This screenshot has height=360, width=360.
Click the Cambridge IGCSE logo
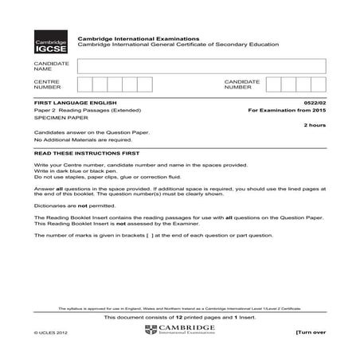(x=50, y=45)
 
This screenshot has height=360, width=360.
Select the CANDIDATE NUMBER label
(x=242, y=84)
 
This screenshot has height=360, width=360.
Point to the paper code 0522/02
(x=314, y=103)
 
